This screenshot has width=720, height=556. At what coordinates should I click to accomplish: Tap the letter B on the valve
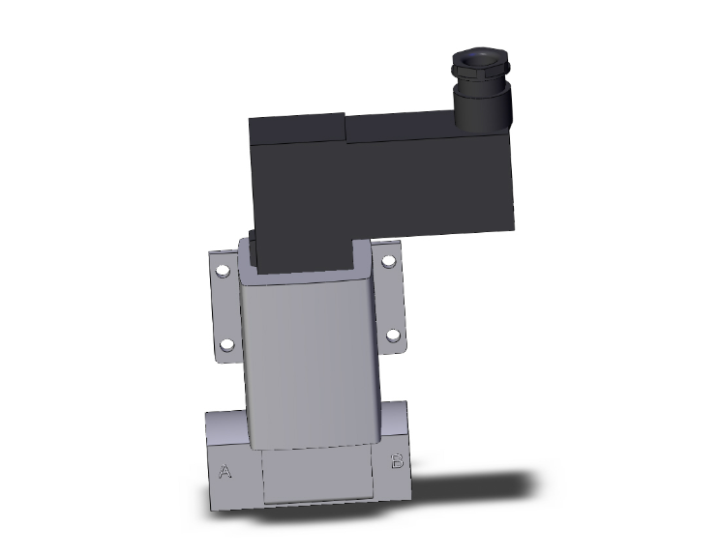point(396,461)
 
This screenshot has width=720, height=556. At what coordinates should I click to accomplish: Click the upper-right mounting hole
point(388,261)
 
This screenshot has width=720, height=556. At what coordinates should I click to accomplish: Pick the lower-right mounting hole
point(392,336)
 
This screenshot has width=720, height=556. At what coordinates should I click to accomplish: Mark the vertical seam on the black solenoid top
point(345,130)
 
